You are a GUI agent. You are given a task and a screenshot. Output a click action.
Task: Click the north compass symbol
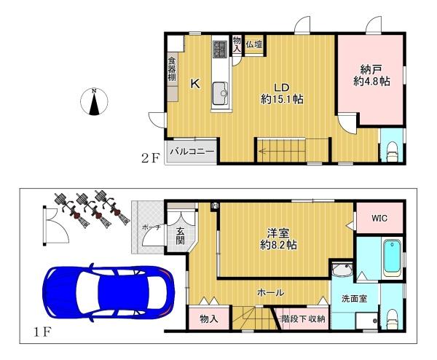coord(94,102)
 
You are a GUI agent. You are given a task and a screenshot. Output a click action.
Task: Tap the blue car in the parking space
coord(109,292)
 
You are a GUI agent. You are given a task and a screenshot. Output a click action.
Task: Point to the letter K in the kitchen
coord(195,83)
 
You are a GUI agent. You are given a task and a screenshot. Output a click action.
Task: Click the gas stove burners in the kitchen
coord(221,49)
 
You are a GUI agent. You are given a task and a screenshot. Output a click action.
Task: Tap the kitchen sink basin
coord(221,93)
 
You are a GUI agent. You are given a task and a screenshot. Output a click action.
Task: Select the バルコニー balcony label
coord(192,152)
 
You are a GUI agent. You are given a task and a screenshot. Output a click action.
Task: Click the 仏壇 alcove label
coord(254,44)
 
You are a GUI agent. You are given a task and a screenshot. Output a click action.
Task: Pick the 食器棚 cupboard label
coord(172,69)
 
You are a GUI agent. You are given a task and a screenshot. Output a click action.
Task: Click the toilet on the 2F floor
coord(392,152)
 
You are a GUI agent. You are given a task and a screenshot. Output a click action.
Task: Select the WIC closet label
coord(379,218)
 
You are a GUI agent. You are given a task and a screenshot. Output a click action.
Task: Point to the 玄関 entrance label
coord(181,236)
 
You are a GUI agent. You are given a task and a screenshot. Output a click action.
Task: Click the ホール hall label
coord(271,292)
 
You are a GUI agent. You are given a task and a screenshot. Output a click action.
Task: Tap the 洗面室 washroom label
coord(354,299)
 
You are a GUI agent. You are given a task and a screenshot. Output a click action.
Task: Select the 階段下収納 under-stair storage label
coord(302,318)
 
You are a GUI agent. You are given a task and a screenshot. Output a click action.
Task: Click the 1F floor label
coord(42,332)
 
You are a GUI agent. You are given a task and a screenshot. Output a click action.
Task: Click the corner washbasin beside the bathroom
coord(342,270)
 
